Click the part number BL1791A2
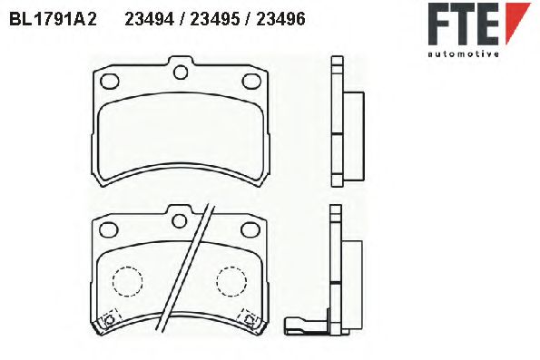52,18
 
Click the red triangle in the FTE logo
515,19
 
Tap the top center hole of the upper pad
181,72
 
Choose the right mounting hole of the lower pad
250,229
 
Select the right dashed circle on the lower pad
233,282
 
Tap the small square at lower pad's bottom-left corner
110,318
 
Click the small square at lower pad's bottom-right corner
248,317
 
